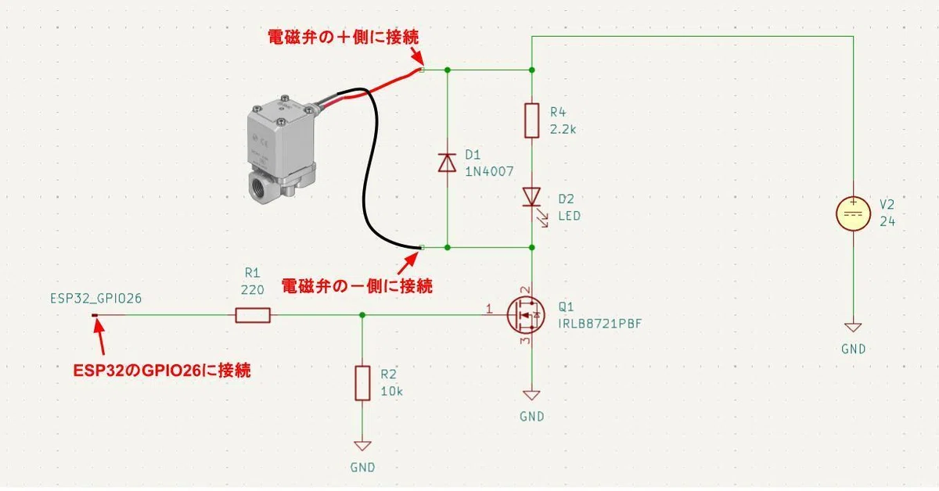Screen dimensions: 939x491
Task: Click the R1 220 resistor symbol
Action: point(253,315)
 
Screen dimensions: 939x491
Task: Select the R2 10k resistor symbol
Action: point(362,383)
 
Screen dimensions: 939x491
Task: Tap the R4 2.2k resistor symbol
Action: point(532,120)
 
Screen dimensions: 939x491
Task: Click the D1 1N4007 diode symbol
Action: point(448,163)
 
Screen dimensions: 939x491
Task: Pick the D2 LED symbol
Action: point(533,206)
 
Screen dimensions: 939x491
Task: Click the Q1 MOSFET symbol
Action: point(526,315)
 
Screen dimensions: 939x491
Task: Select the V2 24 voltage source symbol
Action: point(854,213)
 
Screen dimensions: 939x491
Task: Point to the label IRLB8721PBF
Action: point(600,324)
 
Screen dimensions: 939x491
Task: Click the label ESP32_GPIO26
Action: point(96,299)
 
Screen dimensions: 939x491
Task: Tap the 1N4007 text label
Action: point(489,171)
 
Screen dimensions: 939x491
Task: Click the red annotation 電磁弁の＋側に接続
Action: point(344,38)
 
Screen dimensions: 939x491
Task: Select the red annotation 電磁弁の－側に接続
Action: point(357,287)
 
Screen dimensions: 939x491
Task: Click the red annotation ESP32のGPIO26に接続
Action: point(162,371)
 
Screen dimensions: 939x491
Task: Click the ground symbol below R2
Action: point(362,446)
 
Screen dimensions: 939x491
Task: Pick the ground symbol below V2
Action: point(854,327)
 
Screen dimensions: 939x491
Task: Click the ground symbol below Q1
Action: point(532,395)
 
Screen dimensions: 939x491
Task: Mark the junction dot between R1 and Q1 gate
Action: point(362,315)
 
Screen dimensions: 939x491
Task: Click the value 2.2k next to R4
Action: point(563,130)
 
